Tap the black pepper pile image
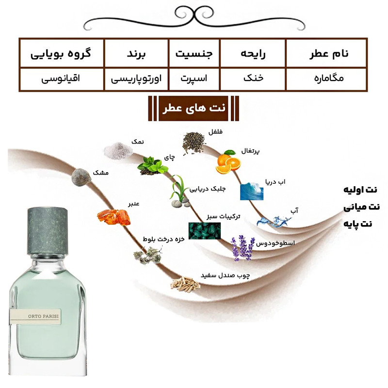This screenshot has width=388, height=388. pyautogui.click(x=194, y=143)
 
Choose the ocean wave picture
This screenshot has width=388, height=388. pyautogui.click(x=251, y=191)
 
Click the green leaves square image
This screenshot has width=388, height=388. pyautogui.click(x=205, y=230)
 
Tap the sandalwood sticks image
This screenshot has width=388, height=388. pyautogui.click(x=185, y=282)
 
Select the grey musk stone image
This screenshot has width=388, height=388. pyautogui.click(x=81, y=177)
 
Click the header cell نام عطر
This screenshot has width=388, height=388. pyautogui.click(x=326, y=53)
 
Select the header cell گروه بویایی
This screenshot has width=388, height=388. pyautogui.click(x=61, y=53)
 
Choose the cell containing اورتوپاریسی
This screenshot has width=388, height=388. pyautogui.click(x=136, y=79)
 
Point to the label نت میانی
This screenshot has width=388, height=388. pyautogui.click(x=361, y=207)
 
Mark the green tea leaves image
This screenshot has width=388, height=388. pyautogui.click(x=152, y=165)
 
